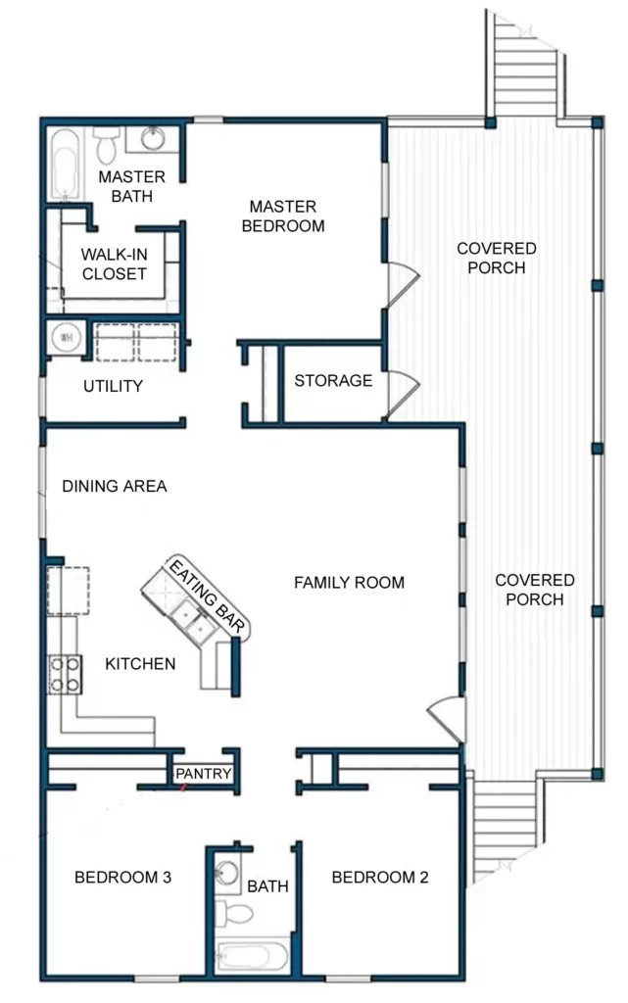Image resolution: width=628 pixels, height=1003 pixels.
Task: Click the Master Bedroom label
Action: [x=282, y=216]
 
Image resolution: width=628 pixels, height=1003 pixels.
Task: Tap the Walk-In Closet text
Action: [x=114, y=264]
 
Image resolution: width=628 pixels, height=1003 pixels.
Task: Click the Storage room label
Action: [x=333, y=380]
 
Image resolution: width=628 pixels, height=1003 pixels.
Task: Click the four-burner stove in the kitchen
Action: [x=67, y=673]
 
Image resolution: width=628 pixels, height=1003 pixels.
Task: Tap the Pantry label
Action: [x=204, y=774]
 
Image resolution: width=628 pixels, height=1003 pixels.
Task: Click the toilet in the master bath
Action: [x=108, y=148]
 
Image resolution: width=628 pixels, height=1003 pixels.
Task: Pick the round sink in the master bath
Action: [x=153, y=138]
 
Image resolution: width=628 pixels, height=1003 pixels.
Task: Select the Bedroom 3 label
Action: [x=123, y=878]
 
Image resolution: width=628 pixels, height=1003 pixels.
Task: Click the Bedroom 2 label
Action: [x=380, y=878]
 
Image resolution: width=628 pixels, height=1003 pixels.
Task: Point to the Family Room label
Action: [x=349, y=583]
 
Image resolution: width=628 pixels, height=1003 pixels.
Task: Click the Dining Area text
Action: [x=114, y=486]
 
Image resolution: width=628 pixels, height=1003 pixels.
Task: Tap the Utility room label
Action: [x=113, y=386]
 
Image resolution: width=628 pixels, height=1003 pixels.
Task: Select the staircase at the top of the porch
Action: [x=527, y=64]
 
